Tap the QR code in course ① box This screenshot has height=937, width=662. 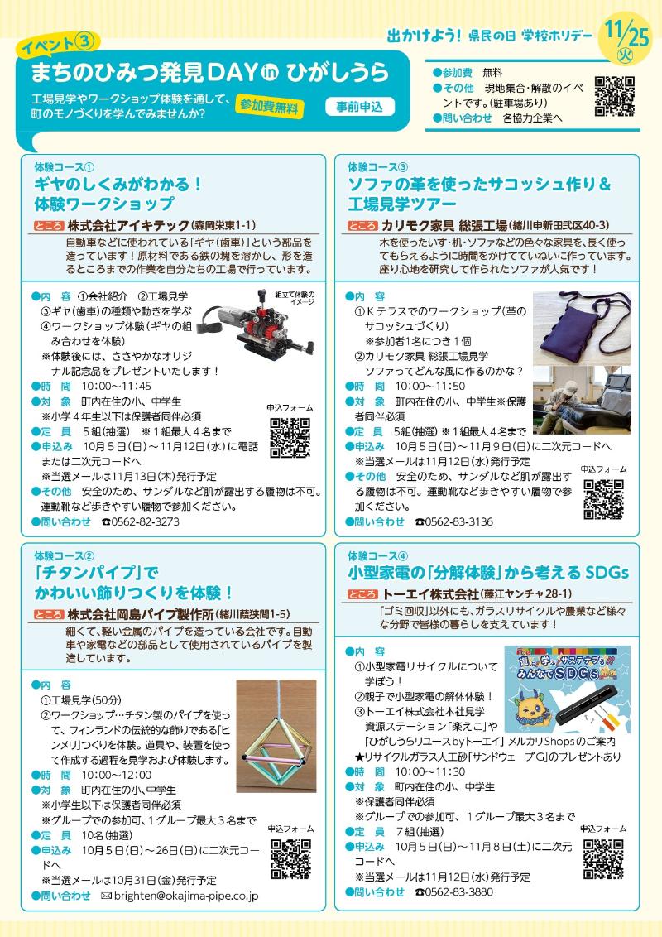coord(290,437)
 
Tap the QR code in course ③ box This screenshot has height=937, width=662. coord(603,498)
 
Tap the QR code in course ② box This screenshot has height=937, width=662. coord(290,858)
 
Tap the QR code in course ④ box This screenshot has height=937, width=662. coord(603,858)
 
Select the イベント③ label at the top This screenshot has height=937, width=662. coord(59,41)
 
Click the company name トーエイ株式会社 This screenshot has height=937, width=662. coord(430,594)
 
